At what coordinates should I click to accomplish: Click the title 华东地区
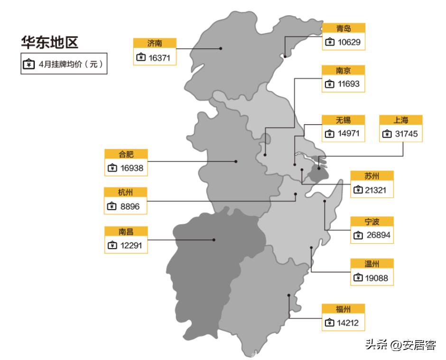(x=49, y=43)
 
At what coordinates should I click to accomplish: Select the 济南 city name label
(x=155, y=43)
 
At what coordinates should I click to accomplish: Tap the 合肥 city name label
(x=126, y=154)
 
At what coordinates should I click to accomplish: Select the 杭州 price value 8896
(x=132, y=206)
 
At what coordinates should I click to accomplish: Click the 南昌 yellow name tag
(x=126, y=231)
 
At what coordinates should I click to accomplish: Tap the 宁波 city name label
(x=372, y=222)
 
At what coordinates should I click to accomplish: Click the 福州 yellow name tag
(x=343, y=309)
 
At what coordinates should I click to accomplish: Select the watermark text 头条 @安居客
(x=401, y=345)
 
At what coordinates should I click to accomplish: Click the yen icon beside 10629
(x=330, y=42)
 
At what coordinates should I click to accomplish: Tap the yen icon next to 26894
(x=358, y=235)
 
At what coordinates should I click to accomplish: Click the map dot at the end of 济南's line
(x=221, y=48)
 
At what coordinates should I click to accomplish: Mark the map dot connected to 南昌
(x=214, y=240)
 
